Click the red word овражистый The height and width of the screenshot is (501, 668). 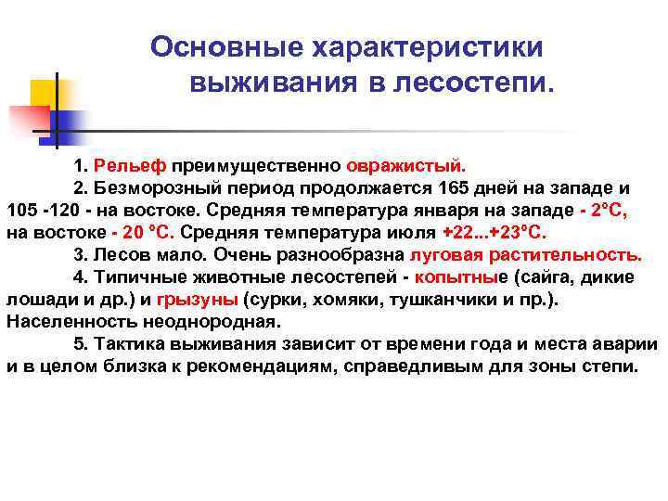pos(405,166)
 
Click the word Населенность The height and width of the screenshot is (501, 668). pos(64,321)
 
